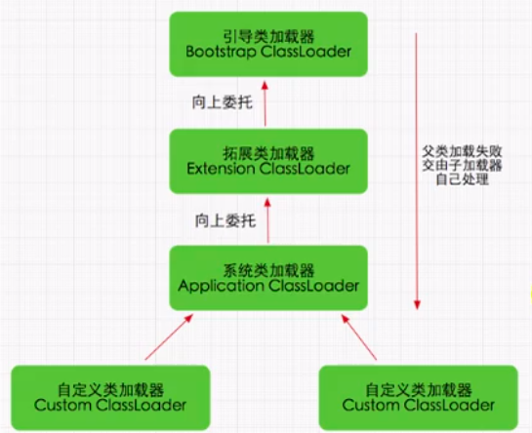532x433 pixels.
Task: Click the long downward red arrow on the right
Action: [417, 176]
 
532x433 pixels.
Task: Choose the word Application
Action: [222, 286]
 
